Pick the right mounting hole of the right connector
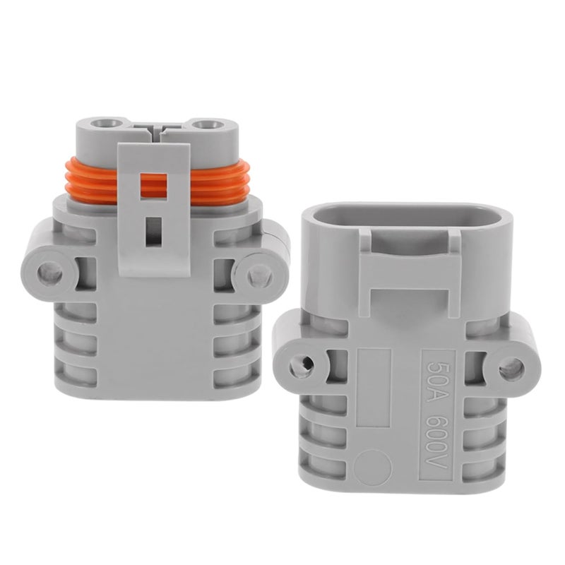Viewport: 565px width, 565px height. click(511, 369)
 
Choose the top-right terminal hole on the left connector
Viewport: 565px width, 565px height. click(206, 125)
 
